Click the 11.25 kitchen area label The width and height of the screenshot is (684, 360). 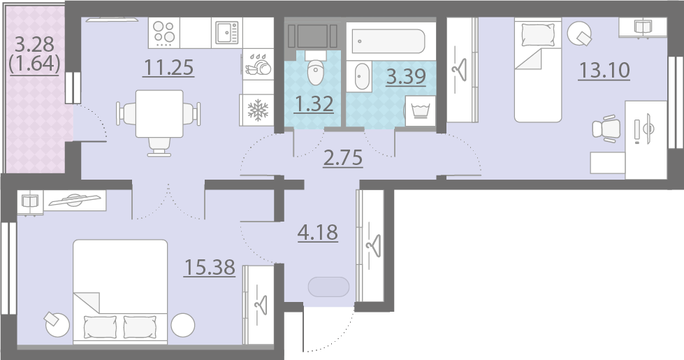tap(168, 68)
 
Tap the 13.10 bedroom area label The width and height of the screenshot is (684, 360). tap(604, 71)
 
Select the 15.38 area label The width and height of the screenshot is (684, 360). tap(210, 267)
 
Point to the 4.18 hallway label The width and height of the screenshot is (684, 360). tap(318, 233)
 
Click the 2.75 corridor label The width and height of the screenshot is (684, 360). tap(343, 158)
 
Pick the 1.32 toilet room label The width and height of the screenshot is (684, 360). tap(314, 104)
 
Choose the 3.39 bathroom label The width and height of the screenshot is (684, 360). tap(406, 76)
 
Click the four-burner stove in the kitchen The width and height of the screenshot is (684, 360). tap(164, 33)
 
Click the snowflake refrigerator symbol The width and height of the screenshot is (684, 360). tap(258, 110)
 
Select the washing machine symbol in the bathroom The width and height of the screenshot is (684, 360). tap(421, 111)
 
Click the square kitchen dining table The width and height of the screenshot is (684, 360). tap(159, 113)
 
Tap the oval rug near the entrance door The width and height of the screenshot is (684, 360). tap(328, 287)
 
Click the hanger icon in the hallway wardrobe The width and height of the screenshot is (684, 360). tap(374, 245)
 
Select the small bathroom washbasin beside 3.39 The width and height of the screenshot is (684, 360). tap(362, 76)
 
